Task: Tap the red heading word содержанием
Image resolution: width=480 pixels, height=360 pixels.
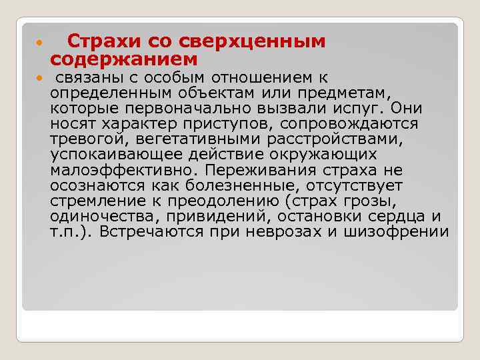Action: coord(124,60)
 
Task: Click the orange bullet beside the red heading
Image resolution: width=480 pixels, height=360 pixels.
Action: coord(39,43)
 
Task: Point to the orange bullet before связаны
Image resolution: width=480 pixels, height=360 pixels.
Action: coord(39,79)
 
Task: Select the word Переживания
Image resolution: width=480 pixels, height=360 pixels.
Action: coord(259,170)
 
